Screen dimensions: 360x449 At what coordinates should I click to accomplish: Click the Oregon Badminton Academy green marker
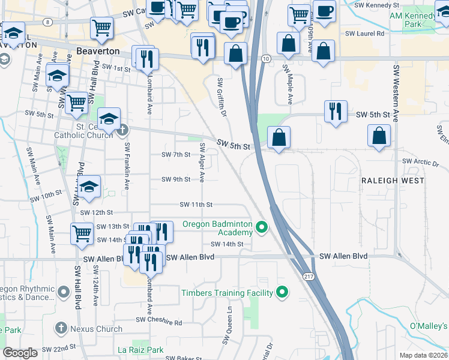pos(261,227)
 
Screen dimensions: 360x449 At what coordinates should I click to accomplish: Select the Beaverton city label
pos(98,52)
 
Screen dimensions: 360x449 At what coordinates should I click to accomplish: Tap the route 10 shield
pos(265,58)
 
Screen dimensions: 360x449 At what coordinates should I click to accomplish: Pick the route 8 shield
pos(47,21)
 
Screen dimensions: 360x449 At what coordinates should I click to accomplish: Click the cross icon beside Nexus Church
pos(61,328)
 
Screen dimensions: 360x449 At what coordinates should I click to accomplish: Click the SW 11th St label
pos(196,205)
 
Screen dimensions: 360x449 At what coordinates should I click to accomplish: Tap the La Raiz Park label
pos(140,350)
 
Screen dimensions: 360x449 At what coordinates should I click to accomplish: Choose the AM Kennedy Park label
pos(411,20)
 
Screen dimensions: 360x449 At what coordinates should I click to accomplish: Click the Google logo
pos(20,352)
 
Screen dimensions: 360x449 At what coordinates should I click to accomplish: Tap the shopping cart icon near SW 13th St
pos(81,233)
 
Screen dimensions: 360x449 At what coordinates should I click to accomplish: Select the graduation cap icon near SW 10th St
pos(89,187)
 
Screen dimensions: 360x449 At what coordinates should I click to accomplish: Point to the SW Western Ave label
pos(396,93)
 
